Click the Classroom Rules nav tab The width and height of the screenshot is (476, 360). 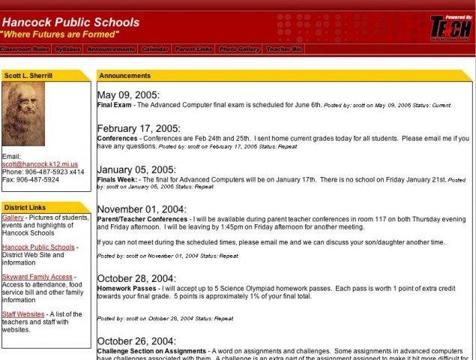[25, 49]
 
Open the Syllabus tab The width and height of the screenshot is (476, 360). [67, 49]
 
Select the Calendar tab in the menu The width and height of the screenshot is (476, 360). [154, 49]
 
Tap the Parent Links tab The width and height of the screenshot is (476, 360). [193, 49]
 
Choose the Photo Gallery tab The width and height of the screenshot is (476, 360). [238, 49]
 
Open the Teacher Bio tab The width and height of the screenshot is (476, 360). [284, 49]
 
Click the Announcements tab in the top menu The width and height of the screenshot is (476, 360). [111, 49]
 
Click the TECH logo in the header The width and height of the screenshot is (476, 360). [451, 27]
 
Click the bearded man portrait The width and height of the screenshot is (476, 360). [23, 113]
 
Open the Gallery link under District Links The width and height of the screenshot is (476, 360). [13, 217]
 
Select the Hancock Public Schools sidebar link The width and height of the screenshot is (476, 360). [38, 247]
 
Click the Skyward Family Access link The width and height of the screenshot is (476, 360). [37, 277]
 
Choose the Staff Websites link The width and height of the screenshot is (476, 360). [23, 314]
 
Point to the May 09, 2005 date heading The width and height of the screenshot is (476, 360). [128, 94]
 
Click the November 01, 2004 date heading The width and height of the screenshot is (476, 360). [142, 209]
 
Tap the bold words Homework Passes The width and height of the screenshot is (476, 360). [127, 289]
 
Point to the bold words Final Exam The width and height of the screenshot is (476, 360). [115, 105]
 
